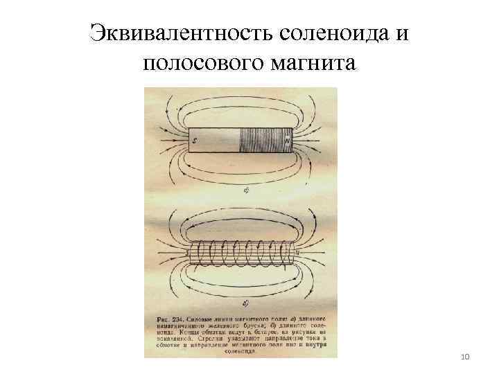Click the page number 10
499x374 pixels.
[465, 356]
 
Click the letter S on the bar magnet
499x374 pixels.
[195, 141]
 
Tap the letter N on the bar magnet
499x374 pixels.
[286, 141]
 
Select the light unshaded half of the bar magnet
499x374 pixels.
[215, 141]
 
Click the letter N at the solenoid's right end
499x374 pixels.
[297, 252]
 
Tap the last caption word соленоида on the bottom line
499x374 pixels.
[240, 351]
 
